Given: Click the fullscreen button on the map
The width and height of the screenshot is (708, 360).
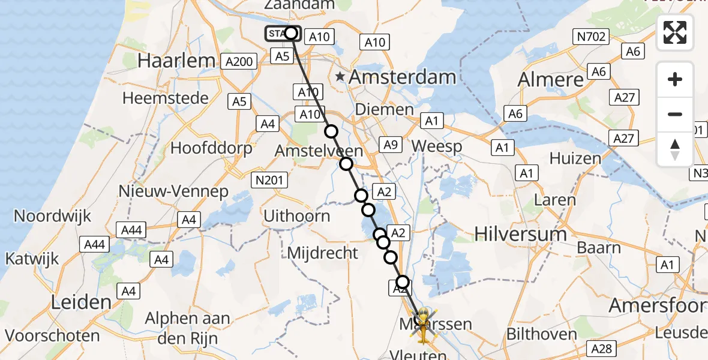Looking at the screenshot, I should tap(675, 32).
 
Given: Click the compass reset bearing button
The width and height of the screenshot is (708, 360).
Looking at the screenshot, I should tap(675, 149).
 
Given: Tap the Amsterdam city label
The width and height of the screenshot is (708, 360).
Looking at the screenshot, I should tap(402, 77).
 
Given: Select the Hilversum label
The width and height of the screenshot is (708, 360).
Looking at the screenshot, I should tap(520, 233).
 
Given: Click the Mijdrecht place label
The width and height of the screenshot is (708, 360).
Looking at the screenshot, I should tap(322, 253).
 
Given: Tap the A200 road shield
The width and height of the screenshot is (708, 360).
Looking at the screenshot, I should tap(239, 61).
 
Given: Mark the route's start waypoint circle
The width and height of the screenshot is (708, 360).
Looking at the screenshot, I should tap(291, 33).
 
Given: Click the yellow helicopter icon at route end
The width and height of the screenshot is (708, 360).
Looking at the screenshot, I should tap(424, 327).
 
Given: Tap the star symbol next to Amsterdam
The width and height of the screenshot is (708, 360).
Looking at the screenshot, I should tap(340, 77).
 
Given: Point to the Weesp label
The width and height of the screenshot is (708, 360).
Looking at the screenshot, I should tap(437, 146).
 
